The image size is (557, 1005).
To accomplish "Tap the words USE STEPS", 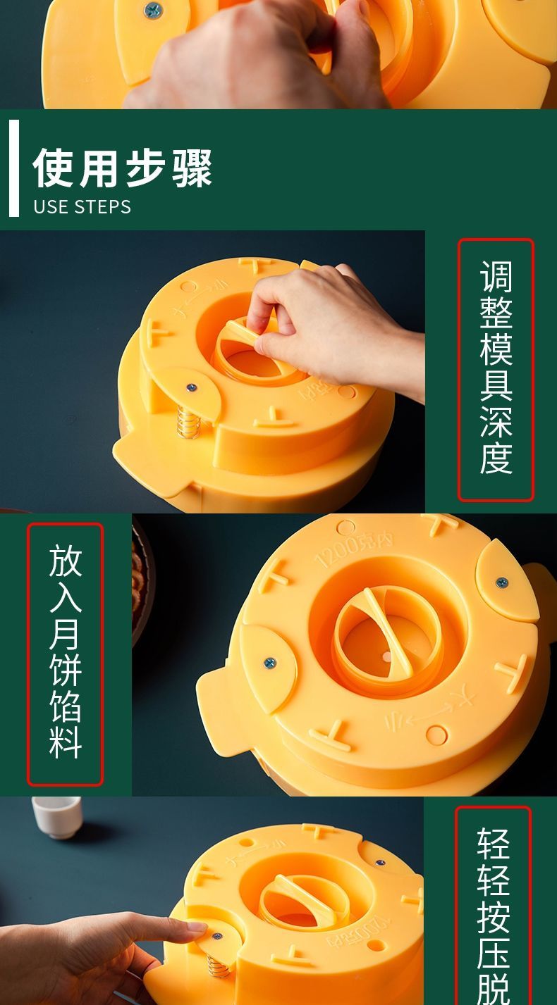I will click(82, 206).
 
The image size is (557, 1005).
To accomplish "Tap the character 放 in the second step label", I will click(65, 560).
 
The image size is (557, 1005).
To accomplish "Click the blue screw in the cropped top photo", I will click(152, 11).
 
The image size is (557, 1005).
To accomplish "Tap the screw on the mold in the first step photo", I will click(191, 387).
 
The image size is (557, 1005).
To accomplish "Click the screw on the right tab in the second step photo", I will click(502, 582).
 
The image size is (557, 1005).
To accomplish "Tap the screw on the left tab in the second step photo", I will click(269, 663).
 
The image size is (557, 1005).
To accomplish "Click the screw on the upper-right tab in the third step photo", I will click(381, 863).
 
